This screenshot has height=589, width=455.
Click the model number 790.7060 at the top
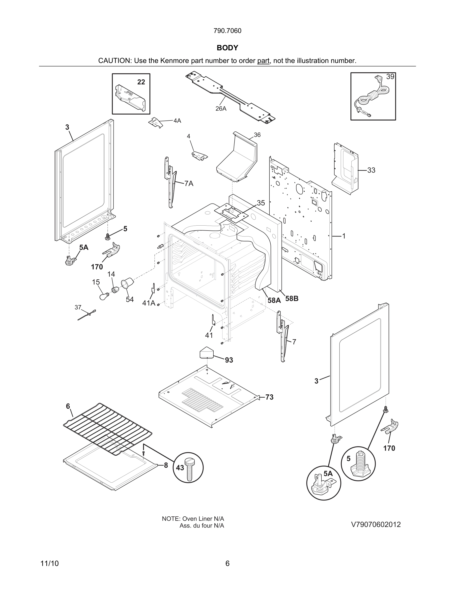coord(227,31)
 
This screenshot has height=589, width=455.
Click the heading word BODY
coord(227,48)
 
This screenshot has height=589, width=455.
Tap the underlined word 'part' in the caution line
coord(263,61)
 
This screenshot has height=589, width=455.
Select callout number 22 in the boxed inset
coord(141,82)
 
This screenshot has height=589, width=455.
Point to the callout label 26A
coord(221,109)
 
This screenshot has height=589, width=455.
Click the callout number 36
coord(257,135)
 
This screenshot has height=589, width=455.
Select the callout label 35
coord(261,203)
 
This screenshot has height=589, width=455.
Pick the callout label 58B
coord(292,298)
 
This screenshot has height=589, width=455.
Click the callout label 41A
coord(149,303)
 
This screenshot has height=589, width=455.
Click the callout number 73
coord(269,397)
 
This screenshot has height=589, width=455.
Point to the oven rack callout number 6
coord(68,406)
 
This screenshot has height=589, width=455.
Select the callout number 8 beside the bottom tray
coord(166,465)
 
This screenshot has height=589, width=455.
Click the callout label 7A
coord(189,184)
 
